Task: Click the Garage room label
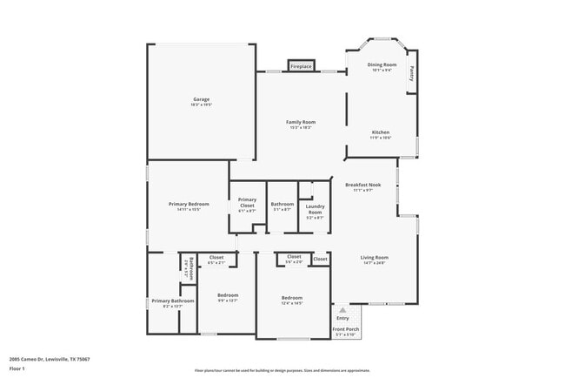201,99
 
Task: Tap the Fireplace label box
301,66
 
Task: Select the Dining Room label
382,65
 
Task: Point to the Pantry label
412,76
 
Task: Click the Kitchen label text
382,132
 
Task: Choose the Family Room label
301,122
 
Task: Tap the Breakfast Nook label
362,185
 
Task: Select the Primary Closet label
247,202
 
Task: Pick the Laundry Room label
314,210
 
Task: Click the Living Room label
375,258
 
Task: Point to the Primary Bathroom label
172,300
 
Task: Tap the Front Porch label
346,328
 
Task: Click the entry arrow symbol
342,309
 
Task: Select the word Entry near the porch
342,318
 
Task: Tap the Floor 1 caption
17,368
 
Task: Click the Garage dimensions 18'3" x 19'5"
201,105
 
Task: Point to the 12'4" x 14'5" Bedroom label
291,300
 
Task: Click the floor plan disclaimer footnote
282,369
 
